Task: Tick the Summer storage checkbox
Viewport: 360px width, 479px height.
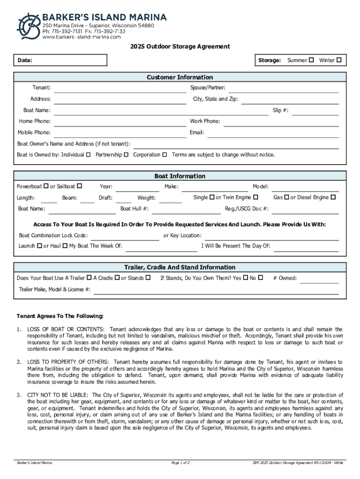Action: [311, 60]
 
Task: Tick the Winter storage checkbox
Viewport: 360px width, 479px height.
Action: [339, 60]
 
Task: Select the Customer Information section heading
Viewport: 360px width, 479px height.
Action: [180, 77]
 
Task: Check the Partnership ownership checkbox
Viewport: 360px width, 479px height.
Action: [126, 155]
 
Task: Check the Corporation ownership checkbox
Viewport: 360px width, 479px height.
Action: [165, 155]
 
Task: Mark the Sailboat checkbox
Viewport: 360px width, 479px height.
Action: [79, 187]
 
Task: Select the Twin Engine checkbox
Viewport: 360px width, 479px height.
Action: [256, 198]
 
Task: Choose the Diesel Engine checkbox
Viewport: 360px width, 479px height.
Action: [333, 198]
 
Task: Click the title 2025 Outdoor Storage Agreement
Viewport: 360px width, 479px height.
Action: [180, 47]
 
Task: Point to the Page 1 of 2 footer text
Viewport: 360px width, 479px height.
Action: [180, 463]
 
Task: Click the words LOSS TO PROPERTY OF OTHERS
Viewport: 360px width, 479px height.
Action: [68, 362]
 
